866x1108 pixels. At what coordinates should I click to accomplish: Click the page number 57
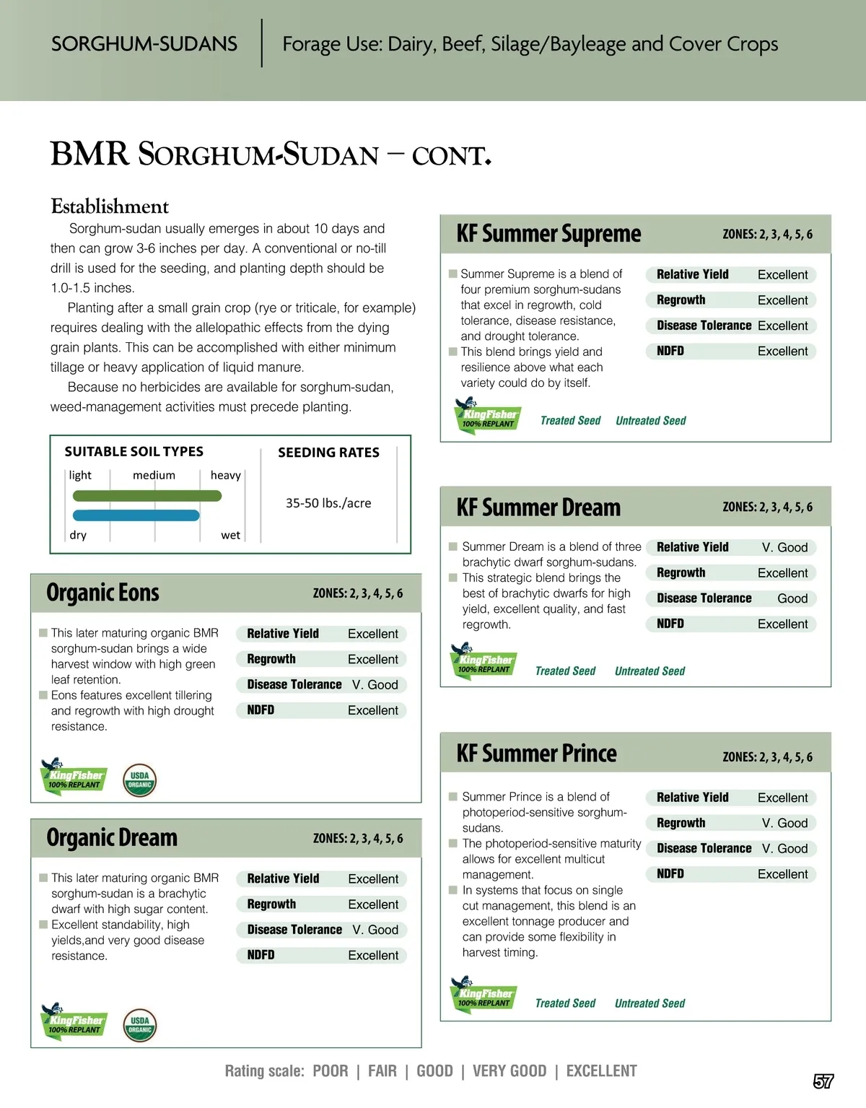[823, 1081]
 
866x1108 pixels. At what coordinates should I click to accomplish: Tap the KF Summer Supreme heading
[548, 234]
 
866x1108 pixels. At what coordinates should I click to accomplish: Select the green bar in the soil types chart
[147, 496]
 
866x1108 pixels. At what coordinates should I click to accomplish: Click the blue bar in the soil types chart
[136, 515]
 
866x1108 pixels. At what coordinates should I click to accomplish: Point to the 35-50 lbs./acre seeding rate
[328, 503]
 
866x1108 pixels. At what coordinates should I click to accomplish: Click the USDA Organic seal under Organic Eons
[139, 780]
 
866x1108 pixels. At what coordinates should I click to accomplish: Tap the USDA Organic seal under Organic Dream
[139, 1025]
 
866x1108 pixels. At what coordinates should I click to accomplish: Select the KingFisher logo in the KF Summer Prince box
[483, 995]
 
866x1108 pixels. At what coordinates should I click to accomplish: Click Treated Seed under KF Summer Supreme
[570, 421]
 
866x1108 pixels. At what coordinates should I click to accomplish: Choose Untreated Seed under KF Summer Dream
[649, 671]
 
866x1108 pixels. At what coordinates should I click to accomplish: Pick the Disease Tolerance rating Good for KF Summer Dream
[792, 598]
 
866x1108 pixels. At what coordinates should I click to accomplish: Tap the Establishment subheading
[110, 207]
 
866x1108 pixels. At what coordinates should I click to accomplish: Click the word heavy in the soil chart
[225, 475]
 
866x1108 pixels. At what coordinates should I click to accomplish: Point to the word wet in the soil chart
[230, 535]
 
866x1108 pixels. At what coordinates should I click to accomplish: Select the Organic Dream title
[112, 838]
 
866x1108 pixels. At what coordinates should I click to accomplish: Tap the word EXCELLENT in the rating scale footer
[601, 1071]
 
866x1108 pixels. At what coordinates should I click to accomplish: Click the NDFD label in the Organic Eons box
[261, 710]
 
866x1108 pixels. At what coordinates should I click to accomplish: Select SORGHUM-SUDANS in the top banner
[144, 44]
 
